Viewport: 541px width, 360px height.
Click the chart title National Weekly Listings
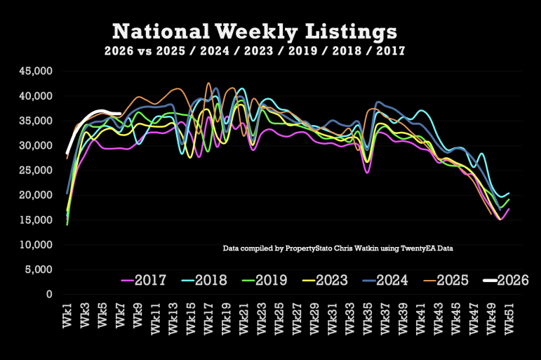point(255,32)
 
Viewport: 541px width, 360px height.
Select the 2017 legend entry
point(144,281)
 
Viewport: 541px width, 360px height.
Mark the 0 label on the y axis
point(50,294)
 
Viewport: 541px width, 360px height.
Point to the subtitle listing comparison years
point(254,51)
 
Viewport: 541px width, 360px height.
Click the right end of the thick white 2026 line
point(121,114)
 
